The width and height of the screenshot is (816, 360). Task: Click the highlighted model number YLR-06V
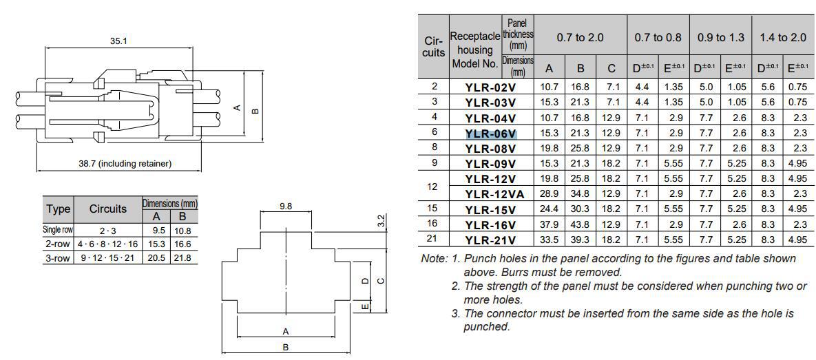tap(490, 133)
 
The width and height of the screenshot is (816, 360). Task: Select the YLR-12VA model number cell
tap(494, 194)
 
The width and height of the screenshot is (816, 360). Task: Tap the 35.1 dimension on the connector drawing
tap(118, 41)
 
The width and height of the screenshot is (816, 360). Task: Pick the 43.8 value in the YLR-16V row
tap(580, 224)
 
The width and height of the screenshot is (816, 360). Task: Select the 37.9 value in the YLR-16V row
tap(549, 224)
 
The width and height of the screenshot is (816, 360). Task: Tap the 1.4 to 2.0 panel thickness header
tap(783, 38)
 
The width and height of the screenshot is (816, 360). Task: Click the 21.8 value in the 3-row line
tap(182, 257)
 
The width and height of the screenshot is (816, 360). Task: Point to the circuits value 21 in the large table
tap(434, 239)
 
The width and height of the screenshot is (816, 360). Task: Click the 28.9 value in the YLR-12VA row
tap(549, 194)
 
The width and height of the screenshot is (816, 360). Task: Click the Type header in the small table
tap(59, 209)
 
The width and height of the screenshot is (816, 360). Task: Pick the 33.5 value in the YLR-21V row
tap(549, 240)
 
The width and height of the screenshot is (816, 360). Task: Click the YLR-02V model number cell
tap(490, 87)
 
